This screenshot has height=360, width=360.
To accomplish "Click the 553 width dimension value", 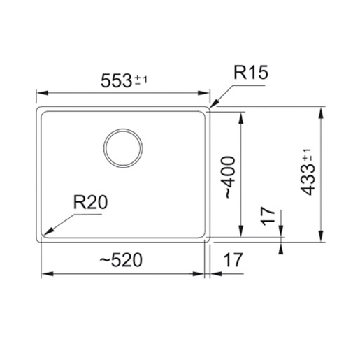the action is [116, 80].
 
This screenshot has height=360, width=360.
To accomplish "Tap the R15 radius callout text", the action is [251, 72].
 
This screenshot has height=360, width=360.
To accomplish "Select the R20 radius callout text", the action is [90, 202].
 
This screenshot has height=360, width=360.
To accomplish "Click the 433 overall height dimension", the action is [308, 179].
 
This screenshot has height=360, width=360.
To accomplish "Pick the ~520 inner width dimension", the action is [121, 260].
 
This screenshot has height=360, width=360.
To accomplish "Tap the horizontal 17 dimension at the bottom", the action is [233, 260].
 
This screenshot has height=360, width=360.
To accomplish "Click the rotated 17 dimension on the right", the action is [268, 216].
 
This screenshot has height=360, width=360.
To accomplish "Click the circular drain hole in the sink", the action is [123, 148].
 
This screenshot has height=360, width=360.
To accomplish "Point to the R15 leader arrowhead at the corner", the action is [214, 104].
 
